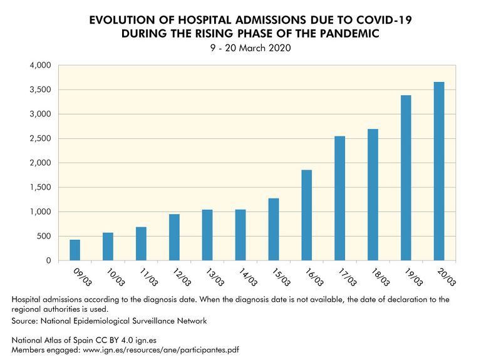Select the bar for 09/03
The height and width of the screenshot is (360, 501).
click(75, 250)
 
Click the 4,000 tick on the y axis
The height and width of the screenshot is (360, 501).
click(39, 65)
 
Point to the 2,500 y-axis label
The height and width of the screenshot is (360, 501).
click(39, 138)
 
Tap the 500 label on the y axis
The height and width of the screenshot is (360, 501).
click(43, 236)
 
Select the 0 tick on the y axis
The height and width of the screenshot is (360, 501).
click(48, 260)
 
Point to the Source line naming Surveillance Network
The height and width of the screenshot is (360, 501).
click(109, 321)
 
